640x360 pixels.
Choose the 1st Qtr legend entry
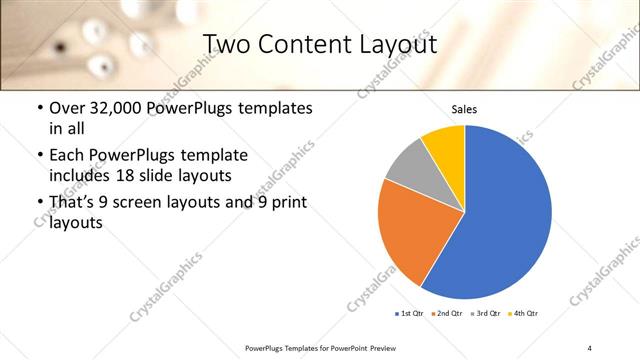[411, 314]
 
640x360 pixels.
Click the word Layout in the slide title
[391, 43]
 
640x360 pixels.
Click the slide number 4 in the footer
[589, 347]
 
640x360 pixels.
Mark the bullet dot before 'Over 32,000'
[39, 108]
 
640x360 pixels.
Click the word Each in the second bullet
[68, 155]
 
